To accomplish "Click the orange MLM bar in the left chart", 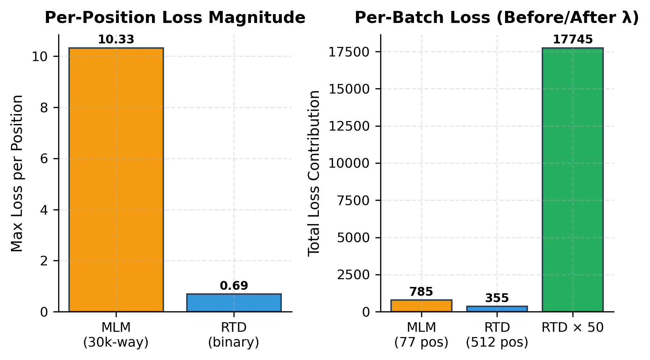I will (116, 180).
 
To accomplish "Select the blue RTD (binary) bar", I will (234, 303).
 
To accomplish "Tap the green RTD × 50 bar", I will (572, 180).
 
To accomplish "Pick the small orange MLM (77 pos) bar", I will (421, 306).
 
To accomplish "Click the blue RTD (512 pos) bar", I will (497, 309).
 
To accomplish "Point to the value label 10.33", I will (116, 40).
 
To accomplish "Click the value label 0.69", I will (234, 286).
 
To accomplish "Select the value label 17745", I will (572, 40).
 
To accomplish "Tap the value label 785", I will (421, 292).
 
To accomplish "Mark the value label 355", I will (497, 298).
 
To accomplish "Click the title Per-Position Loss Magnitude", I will (175, 18).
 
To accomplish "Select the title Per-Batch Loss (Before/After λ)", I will (497, 18).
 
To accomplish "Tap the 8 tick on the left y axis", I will (44, 108).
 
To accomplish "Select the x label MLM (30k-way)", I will (116, 335).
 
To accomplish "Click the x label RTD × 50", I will (572, 328).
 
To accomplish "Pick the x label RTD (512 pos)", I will (497, 335).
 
